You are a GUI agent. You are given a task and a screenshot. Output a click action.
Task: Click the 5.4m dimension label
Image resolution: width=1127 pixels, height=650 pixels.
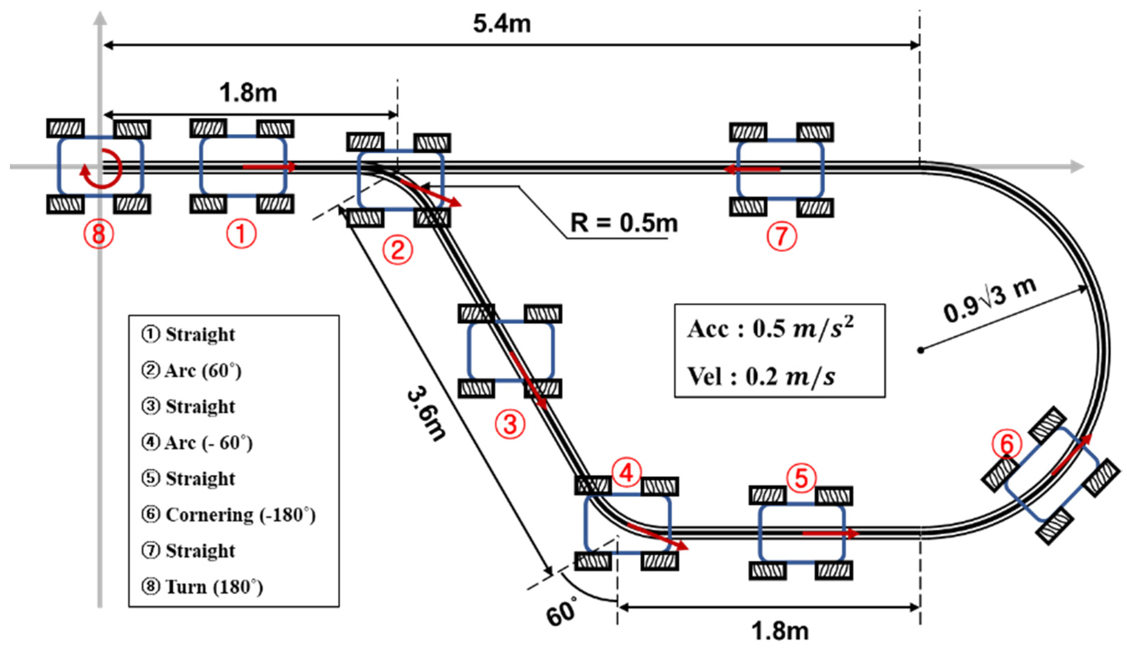[502, 23]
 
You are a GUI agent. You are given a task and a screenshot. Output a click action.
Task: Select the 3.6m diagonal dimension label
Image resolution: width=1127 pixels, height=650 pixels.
[426, 414]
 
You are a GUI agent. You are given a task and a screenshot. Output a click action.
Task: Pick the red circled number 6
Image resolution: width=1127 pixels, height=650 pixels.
[1007, 444]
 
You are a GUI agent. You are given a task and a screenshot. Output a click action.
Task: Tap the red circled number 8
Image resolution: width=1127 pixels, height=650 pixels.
[99, 234]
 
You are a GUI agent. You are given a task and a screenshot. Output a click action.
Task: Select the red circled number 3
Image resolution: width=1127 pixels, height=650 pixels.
[510, 424]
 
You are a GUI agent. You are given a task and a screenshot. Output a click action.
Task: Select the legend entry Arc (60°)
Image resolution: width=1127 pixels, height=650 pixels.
[192, 371]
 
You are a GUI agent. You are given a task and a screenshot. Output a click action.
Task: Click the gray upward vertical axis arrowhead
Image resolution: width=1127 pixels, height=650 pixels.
[100, 18]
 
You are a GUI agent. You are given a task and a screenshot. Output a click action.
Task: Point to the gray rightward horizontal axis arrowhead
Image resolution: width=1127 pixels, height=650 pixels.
[1077, 167]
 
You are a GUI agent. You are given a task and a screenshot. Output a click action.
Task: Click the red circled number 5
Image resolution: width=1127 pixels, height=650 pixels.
[801, 478]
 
